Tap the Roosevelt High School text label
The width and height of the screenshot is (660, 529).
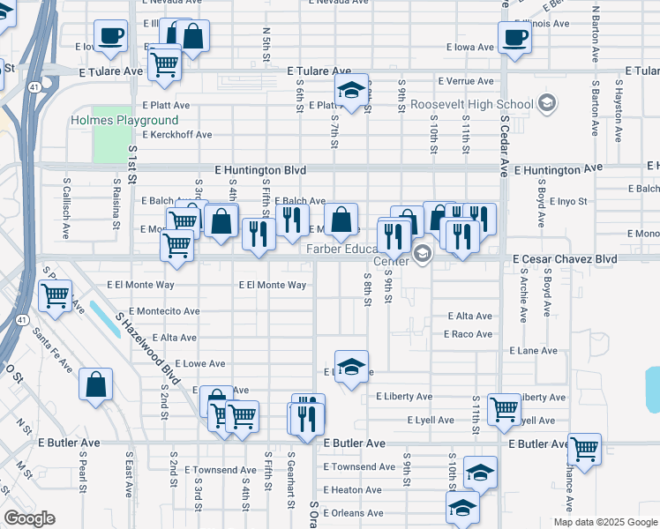(471, 104)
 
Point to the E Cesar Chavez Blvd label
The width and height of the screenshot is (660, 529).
(565, 259)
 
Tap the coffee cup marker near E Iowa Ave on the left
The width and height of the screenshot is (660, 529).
(111, 37)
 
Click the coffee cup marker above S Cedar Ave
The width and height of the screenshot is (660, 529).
(514, 37)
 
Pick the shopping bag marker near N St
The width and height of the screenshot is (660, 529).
(96, 384)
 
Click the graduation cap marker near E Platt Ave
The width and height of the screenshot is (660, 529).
(351, 90)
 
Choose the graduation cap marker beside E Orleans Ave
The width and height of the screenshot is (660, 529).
(462, 508)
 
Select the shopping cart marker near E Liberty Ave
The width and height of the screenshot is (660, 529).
(504, 408)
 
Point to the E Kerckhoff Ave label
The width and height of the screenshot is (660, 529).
(178, 135)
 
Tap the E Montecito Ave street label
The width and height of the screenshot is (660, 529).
(164, 311)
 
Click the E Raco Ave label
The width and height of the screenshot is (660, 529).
(468, 334)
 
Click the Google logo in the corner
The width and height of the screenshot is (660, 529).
(29, 518)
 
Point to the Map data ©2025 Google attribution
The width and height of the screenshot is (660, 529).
(604, 522)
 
